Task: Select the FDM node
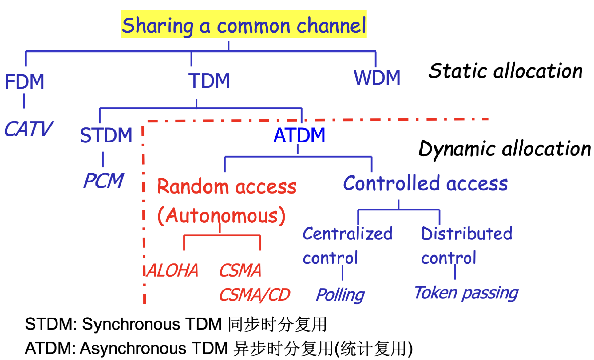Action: (x=25, y=82)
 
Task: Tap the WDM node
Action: (x=377, y=78)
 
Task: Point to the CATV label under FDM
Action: (x=29, y=129)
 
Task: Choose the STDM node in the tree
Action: (x=106, y=135)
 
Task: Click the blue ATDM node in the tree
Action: (x=299, y=135)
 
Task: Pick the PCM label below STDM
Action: (x=104, y=180)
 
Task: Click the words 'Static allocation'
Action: (x=505, y=71)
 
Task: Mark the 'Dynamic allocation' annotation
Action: (x=505, y=149)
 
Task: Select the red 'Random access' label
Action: (x=227, y=186)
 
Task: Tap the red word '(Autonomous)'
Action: (x=221, y=216)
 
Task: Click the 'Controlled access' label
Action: (x=425, y=183)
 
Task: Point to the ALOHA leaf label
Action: (x=172, y=270)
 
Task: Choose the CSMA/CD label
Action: (x=255, y=295)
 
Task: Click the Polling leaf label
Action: (x=340, y=295)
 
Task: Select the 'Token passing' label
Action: (x=466, y=293)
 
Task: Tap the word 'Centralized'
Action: (x=348, y=234)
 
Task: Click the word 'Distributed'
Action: (x=467, y=234)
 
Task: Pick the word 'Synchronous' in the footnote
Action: (x=131, y=325)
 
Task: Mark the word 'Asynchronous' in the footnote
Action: (x=133, y=349)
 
